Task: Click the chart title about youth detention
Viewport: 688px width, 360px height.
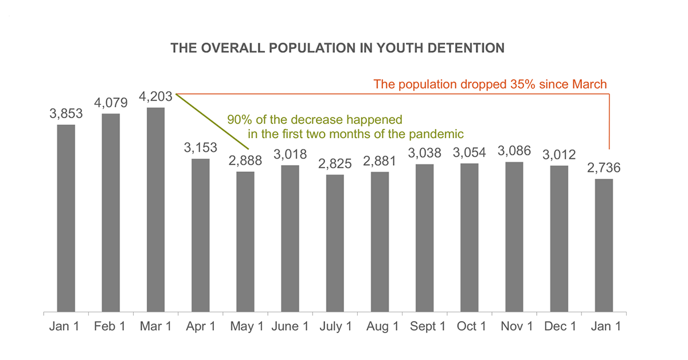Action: pyautogui.click(x=338, y=48)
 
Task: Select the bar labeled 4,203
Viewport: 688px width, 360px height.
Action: pyautogui.click(x=156, y=210)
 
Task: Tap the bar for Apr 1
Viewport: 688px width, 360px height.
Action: pyautogui.click(x=201, y=236)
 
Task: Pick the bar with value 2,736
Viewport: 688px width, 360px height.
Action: pyautogui.click(x=604, y=246)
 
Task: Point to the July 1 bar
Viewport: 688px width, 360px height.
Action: pyautogui.click(x=335, y=244)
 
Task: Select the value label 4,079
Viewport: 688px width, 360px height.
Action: pyautogui.click(x=111, y=103)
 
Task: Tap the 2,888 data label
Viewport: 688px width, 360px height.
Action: pyautogui.click(x=245, y=161)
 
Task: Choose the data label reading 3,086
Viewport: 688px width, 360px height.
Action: pyautogui.click(x=514, y=151)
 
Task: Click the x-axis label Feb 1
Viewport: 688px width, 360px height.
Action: pyautogui.click(x=111, y=327)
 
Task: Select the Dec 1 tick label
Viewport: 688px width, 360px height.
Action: pyautogui.click(x=559, y=327)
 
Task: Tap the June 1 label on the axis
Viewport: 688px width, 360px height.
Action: pyautogui.click(x=290, y=327)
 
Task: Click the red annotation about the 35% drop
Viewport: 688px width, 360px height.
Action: pyautogui.click(x=490, y=84)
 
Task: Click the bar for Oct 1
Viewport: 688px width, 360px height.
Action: pyautogui.click(x=470, y=238)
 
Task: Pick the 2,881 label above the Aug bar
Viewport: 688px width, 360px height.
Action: pyautogui.click(x=380, y=161)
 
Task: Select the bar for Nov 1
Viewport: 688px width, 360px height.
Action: pyautogui.click(x=514, y=237)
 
